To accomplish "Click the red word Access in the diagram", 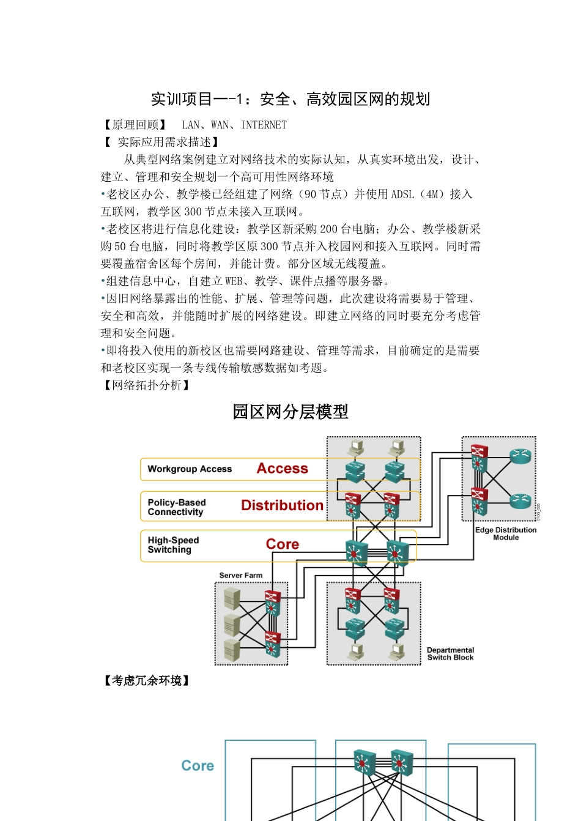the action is point(282,469).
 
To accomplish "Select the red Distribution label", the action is point(282,505).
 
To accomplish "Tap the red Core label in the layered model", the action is point(282,544).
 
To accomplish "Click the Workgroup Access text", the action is point(190,469).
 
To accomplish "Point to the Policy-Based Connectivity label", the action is point(176,507).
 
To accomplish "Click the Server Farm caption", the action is point(240,576).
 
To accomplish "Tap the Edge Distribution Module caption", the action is point(506,533).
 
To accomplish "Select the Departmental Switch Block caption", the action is point(450,654).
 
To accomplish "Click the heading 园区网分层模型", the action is point(290,412).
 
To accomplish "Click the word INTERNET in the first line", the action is point(264,125).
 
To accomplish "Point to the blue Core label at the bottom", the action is point(198,766).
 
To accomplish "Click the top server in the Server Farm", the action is point(232,597).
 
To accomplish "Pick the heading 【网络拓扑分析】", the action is point(146,385).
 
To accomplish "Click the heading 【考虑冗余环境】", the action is point(146,680).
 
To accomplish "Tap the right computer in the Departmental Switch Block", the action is point(398,652).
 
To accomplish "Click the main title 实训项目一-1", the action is point(290,99).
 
